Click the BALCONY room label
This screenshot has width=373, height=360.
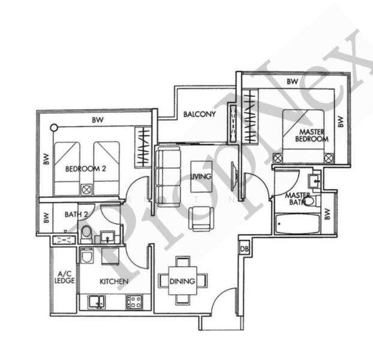[199, 114]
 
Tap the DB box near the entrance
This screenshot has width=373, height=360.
[244, 249]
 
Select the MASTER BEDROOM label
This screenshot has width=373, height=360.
[312, 135]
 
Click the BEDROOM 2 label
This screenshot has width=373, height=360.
[85, 169]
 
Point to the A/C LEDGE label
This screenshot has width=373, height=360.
[65, 277]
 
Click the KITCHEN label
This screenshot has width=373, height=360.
[114, 281]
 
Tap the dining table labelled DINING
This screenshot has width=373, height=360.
[182, 281]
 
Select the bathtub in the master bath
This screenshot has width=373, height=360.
[297, 224]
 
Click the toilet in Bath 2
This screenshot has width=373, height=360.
[86, 233]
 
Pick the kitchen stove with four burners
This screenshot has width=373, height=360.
[134, 302]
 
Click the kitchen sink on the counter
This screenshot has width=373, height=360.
[97, 302]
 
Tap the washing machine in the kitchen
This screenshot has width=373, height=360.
[86, 256]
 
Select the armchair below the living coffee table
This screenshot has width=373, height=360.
[201, 218]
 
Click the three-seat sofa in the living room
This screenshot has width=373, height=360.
[168, 177]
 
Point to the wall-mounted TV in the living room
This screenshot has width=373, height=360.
[234, 176]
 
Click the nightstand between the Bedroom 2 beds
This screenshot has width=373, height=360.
[86, 190]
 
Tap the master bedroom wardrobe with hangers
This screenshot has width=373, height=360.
[249, 116]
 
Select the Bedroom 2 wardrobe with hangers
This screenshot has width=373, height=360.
[143, 147]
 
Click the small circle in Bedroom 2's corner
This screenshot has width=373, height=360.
[54, 128]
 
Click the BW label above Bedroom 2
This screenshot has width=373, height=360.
[98, 119]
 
